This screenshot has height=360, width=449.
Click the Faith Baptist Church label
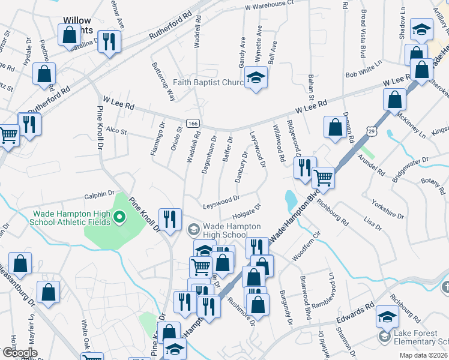(207, 82)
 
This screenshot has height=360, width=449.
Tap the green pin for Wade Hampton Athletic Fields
(119, 217)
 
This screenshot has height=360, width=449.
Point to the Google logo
(20, 353)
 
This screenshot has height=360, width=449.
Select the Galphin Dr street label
(99, 194)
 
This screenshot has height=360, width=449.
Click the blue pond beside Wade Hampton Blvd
(291, 199)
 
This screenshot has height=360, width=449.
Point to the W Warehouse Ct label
(269, 4)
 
